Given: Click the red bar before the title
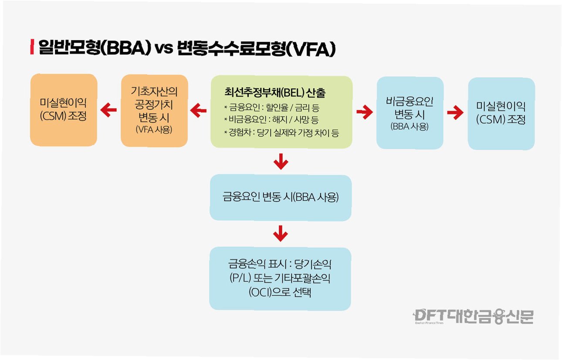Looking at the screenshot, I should click(x=32, y=47).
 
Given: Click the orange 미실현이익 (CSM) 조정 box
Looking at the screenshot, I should click(x=64, y=110).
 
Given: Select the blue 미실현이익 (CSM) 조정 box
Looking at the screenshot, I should click(x=501, y=114).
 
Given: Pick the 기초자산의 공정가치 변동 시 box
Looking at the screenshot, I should click(x=155, y=110).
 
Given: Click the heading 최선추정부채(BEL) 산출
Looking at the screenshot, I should click(x=275, y=93).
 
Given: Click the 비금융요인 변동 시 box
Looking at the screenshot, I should click(x=410, y=113).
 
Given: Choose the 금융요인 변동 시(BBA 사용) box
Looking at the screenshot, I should click(x=280, y=197).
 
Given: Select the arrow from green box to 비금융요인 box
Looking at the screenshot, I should click(x=364, y=113).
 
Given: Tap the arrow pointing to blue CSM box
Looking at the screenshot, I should click(x=455, y=113).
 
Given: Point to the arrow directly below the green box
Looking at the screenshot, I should click(x=281, y=162).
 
